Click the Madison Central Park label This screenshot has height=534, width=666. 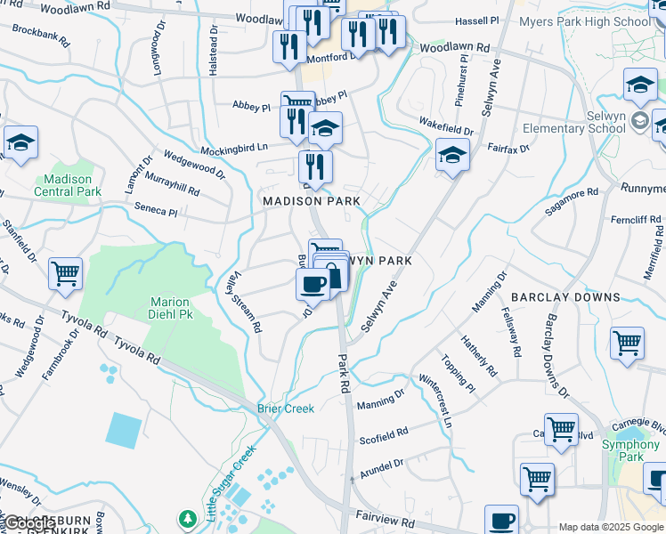[68, 185]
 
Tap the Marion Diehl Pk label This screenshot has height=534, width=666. [169, 308]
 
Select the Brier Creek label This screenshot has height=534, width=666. [286, 409]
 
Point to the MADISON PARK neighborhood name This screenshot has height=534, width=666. [312, 201]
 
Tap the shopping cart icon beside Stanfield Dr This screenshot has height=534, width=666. [65, 275]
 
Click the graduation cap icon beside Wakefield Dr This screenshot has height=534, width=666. [452, 157]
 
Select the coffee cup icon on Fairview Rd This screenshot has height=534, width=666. [501, 520]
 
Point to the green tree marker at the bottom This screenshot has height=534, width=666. [187, 518]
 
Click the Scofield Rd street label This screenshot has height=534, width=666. [383, 435]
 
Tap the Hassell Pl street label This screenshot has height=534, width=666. [477, 20]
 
